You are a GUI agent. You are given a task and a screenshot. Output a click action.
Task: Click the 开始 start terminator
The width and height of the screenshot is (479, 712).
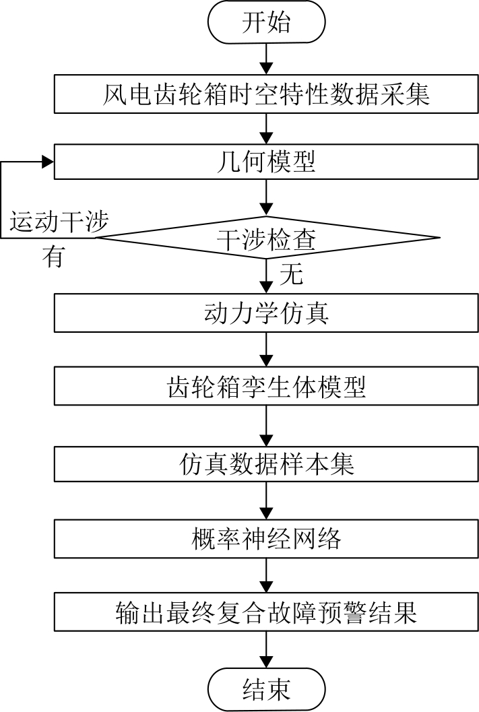267,22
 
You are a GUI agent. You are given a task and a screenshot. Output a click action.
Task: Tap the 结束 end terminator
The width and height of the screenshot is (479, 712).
267,689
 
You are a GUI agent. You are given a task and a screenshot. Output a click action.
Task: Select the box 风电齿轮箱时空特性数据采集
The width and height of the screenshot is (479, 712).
267,94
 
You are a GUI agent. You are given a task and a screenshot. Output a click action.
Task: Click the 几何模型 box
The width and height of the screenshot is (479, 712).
267,162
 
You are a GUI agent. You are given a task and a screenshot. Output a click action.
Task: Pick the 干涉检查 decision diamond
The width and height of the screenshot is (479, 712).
267,238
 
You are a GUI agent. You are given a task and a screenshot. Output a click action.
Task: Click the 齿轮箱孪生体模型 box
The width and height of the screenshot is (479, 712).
267,387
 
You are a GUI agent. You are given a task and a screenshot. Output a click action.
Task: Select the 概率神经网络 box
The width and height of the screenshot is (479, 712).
267,538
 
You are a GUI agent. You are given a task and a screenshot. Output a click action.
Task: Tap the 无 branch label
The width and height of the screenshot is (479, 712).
291,275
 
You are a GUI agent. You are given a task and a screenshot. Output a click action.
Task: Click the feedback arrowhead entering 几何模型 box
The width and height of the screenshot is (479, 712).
48,162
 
